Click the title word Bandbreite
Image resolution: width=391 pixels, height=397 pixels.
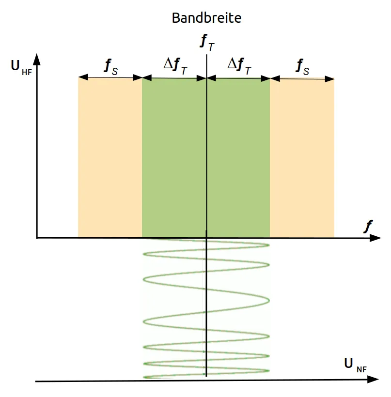click(206, 18)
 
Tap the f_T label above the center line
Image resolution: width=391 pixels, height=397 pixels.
click(207, 42)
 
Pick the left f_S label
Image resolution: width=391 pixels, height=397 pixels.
click(110, 67)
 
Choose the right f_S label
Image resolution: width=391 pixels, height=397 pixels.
click(302, 67)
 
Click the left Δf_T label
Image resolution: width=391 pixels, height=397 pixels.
click(175, 66)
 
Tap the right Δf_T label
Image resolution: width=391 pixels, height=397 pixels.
click(239, 66)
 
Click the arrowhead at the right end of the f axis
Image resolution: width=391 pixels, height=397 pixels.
click(375, 238)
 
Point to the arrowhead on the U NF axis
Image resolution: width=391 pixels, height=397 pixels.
click(375, 380)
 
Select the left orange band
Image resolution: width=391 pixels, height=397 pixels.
click(110, 160)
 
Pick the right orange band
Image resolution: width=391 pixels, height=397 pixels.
click(302, 160)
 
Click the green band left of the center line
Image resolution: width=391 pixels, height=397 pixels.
click(174, 160)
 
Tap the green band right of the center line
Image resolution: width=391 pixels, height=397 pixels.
click(238, 160)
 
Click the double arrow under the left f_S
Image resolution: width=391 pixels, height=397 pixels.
click(110, 77)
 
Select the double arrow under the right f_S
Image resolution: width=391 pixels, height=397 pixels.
click(302, 78)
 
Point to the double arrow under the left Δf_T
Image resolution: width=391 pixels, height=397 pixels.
click(174, 77)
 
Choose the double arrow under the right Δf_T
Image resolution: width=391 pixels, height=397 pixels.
click(238, 77)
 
